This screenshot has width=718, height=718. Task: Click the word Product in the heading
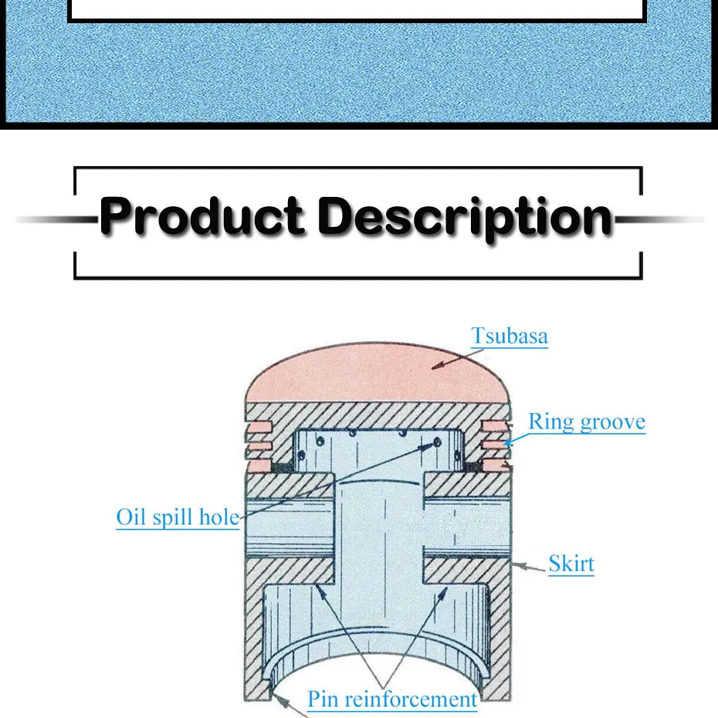[x=202, y=217]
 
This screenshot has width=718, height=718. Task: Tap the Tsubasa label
[x=510, y=336]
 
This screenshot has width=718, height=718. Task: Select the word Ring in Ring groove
[x=550, y=422]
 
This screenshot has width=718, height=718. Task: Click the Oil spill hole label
[x=178, y=517]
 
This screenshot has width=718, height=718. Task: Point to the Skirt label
[x=571, y=564]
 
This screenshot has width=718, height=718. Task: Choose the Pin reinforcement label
[x=392, y=699]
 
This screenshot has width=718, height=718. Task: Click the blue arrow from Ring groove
[x=516, y=438]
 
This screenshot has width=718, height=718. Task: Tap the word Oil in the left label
[x=130, y=517]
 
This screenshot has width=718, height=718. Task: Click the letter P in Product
[x=118, y=217]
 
